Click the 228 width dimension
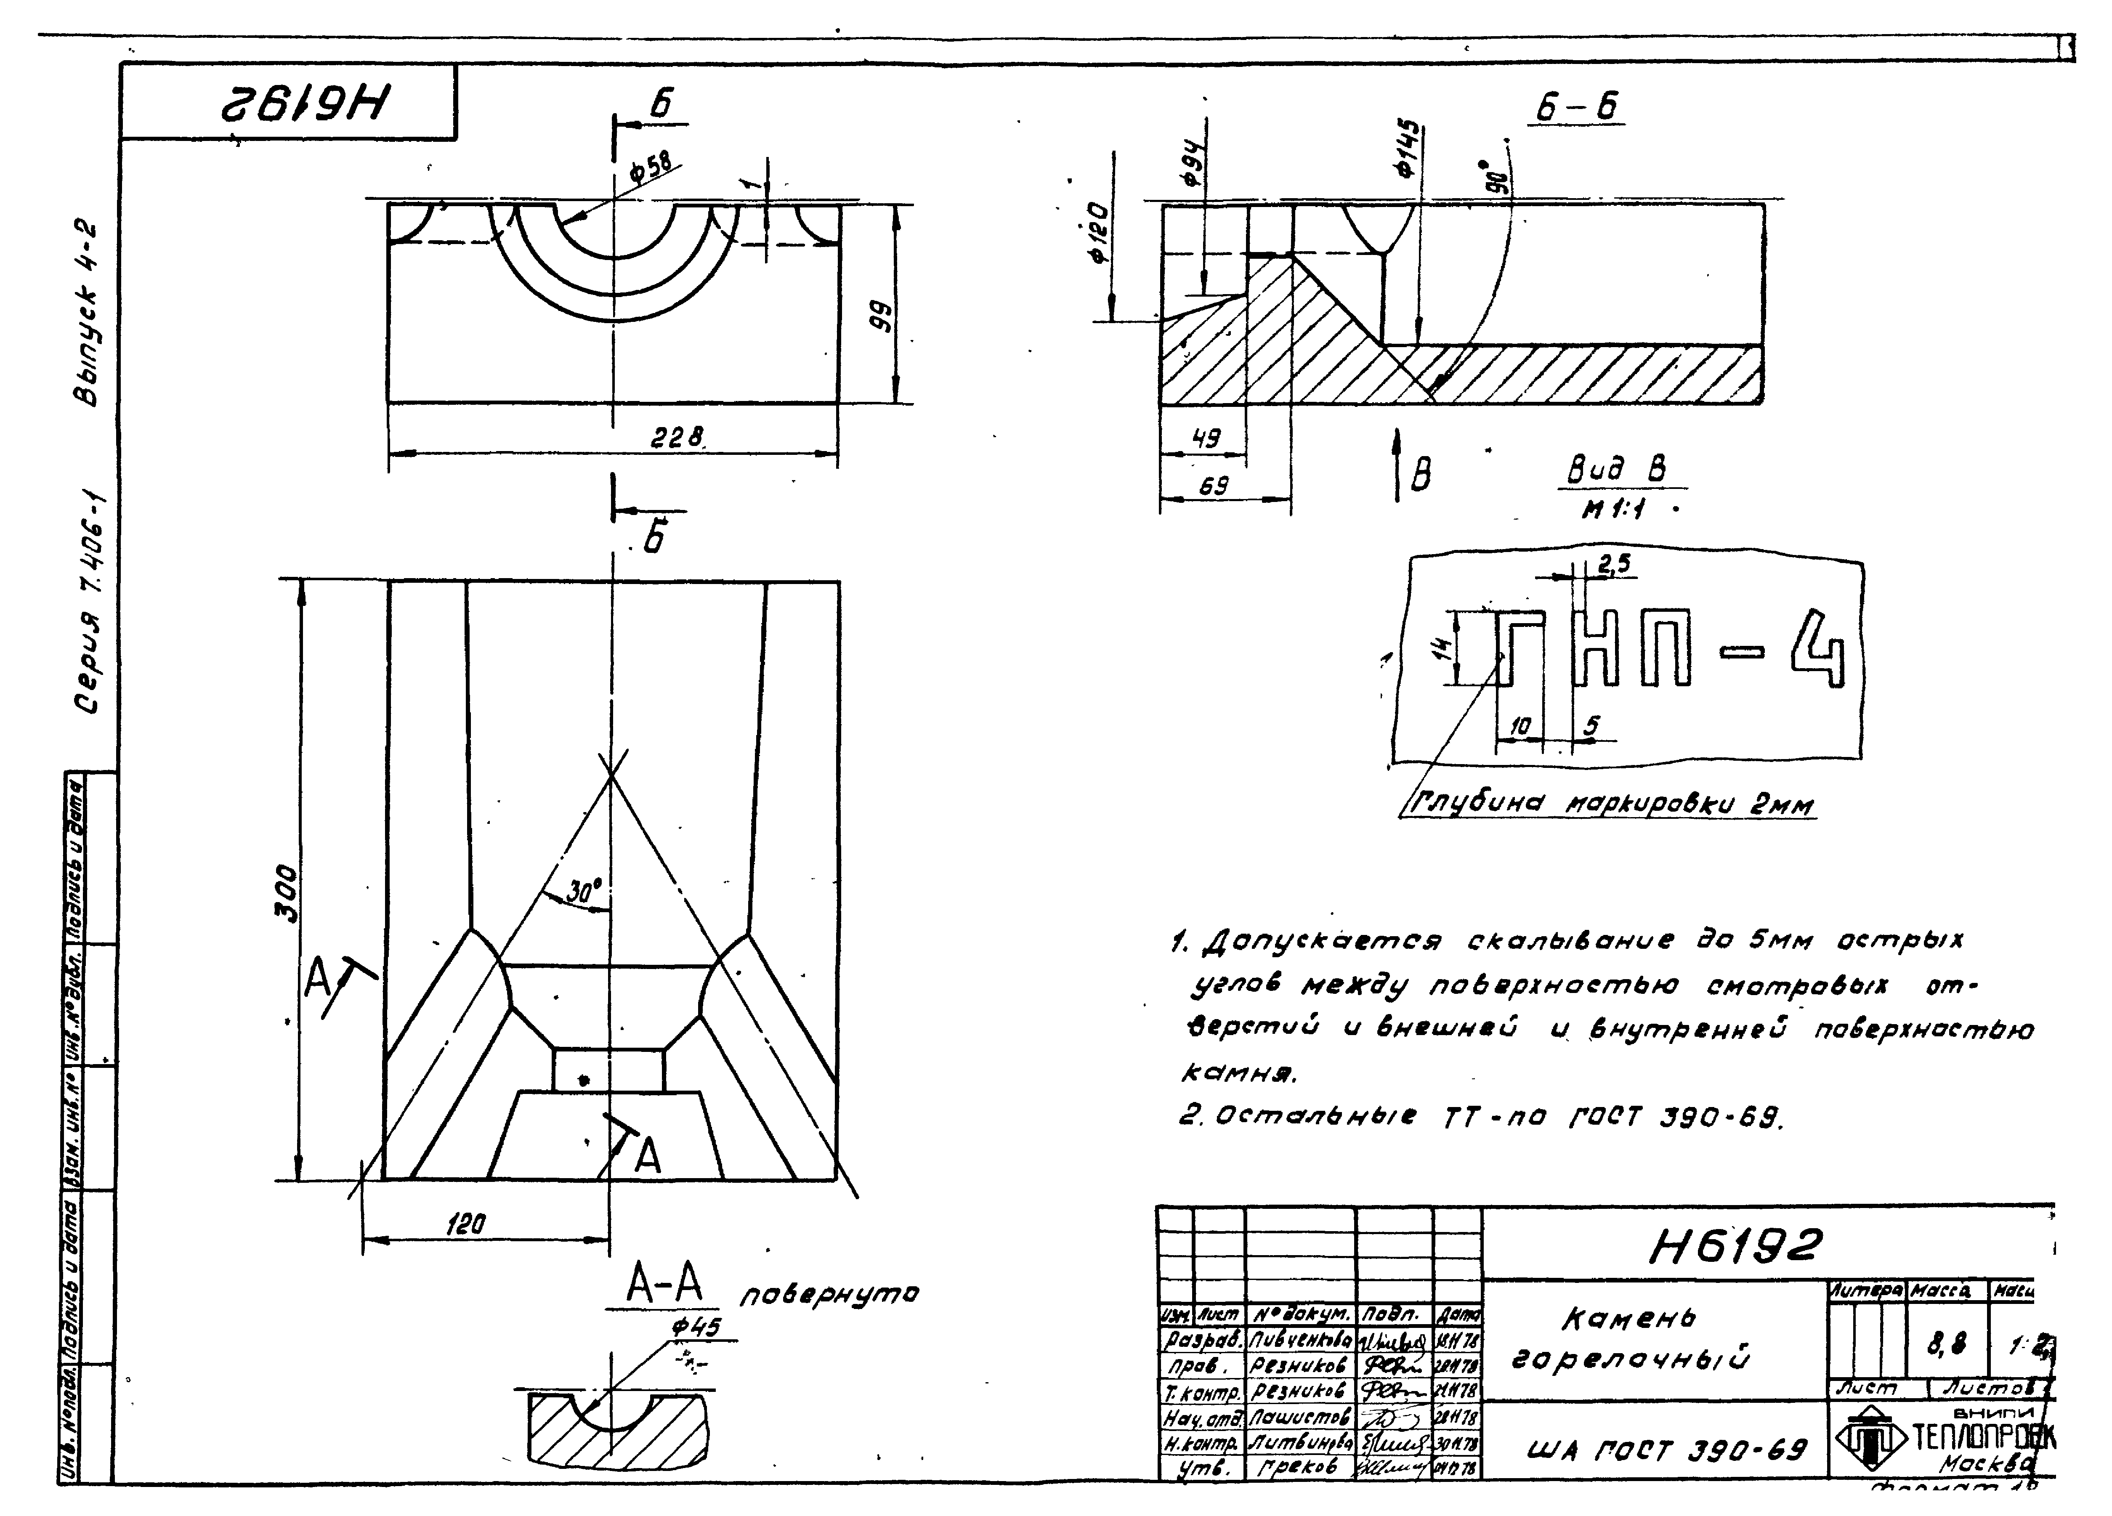pyautogui.click(x=677, y=437)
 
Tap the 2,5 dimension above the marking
pyautogui.click(x=1614, y=564)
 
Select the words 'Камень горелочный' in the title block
pyautogui.click(x=1630, y=1338)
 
